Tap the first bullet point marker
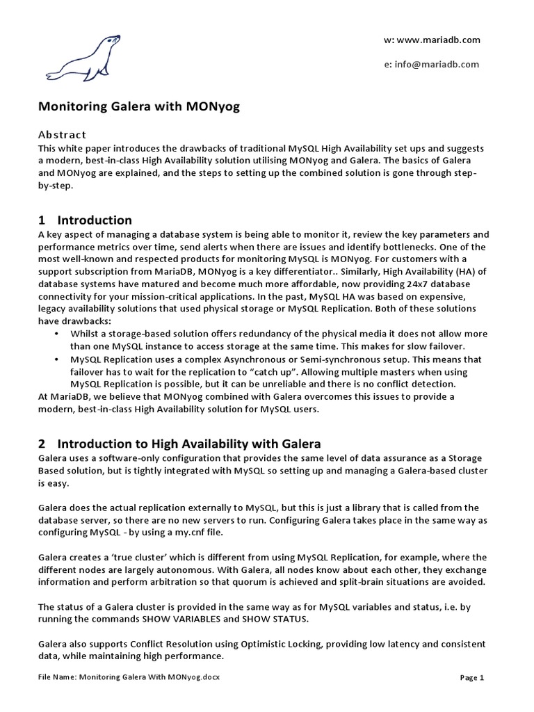pyautogui.click(x=56, y=334)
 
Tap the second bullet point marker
pyautogui.click(x=56, y=359)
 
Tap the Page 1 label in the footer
pyautogui.click(x=472, y=677)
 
